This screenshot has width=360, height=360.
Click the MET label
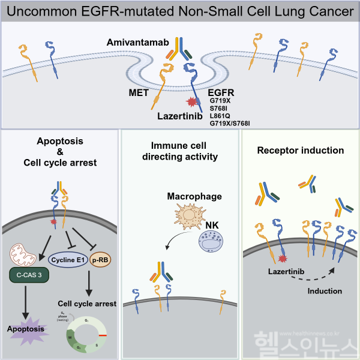pos(139,94)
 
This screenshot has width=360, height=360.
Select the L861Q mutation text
pos(220,115)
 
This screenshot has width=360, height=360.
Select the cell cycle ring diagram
pos(86,334)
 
